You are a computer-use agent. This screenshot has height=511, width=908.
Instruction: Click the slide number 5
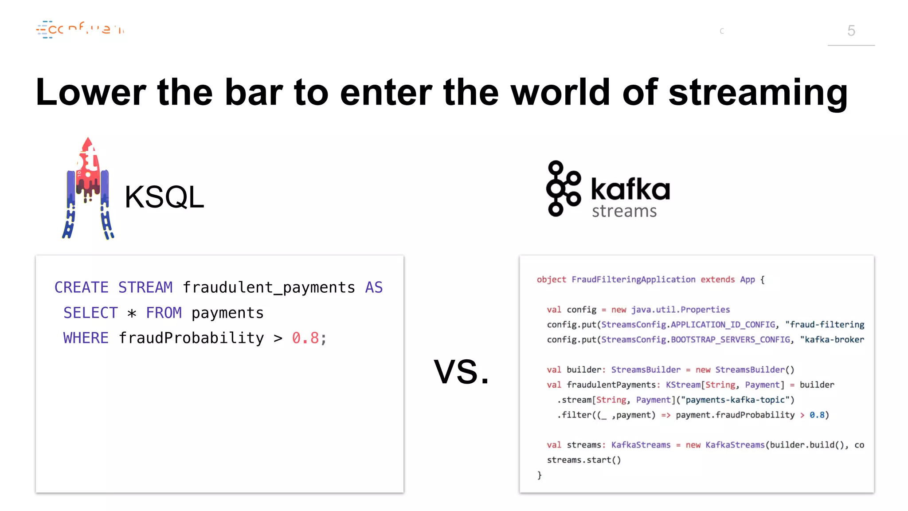[x=851, y=31]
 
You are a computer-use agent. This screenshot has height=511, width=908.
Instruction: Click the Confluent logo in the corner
[x=80, y=30]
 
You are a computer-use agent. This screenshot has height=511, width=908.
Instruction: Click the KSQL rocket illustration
[x=88, y=189]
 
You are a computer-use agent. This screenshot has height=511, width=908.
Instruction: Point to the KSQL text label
[x=164, y=197]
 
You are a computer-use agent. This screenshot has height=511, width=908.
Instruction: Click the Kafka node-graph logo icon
[x=563, y=189]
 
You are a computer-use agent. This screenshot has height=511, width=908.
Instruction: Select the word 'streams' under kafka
[x=624, y=211]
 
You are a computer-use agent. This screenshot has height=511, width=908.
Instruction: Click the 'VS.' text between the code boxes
[x=462, y=372]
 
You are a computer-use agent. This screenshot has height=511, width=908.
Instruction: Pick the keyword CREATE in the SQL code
[x=82, y=287]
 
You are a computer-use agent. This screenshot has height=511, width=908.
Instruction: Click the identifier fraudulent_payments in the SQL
[x=269, y=287]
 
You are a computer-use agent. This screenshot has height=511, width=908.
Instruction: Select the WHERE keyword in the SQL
[x=86, y=338]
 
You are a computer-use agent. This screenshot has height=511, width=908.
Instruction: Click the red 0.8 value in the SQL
[x=305, y=338]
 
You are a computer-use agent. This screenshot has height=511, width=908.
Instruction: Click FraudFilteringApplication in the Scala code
[x=633, y=279]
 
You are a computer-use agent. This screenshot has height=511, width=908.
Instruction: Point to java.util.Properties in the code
[x=681, y=310]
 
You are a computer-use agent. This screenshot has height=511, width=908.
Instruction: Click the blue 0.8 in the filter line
[x=817, y=415]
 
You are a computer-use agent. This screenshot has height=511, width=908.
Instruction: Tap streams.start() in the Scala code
[x=583, y=460]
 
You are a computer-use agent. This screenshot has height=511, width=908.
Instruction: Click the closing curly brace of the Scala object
[x=540, y=475]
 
